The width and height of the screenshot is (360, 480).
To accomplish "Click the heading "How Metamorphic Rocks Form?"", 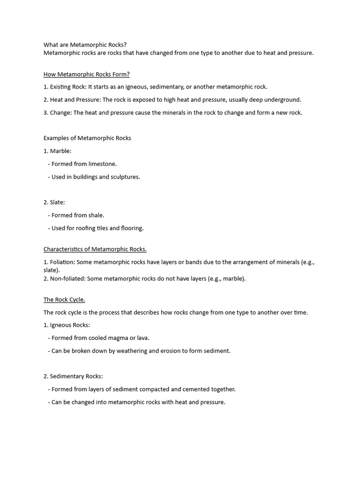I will (87, 74).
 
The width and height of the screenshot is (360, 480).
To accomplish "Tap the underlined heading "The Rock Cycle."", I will (64, 300).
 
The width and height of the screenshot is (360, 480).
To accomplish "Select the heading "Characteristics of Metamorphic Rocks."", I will (95, 249).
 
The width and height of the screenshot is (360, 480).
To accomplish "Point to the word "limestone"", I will (102, 164).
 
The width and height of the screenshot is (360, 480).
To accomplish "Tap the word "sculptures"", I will (125, 177).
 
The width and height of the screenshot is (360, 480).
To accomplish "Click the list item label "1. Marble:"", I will (58, 151).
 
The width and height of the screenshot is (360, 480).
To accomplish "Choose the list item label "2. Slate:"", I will (54, 202).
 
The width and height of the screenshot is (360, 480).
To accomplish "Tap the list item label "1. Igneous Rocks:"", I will (67, 325).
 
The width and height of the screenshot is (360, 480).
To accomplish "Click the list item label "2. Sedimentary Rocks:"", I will (73, 376).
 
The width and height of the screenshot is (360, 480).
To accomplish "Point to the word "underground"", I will (283, 99).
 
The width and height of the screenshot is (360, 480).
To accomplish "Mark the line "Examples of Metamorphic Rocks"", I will (87, 138).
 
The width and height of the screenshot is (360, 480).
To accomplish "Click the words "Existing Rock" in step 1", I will (67, 87).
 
